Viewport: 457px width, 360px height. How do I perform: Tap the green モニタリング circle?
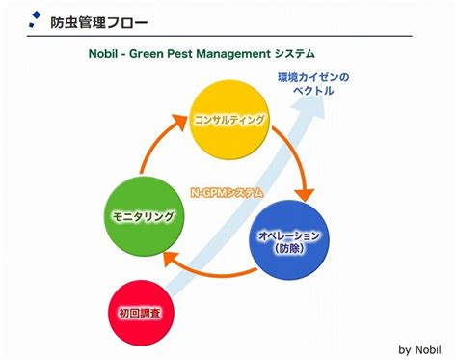tap(141, 217)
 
